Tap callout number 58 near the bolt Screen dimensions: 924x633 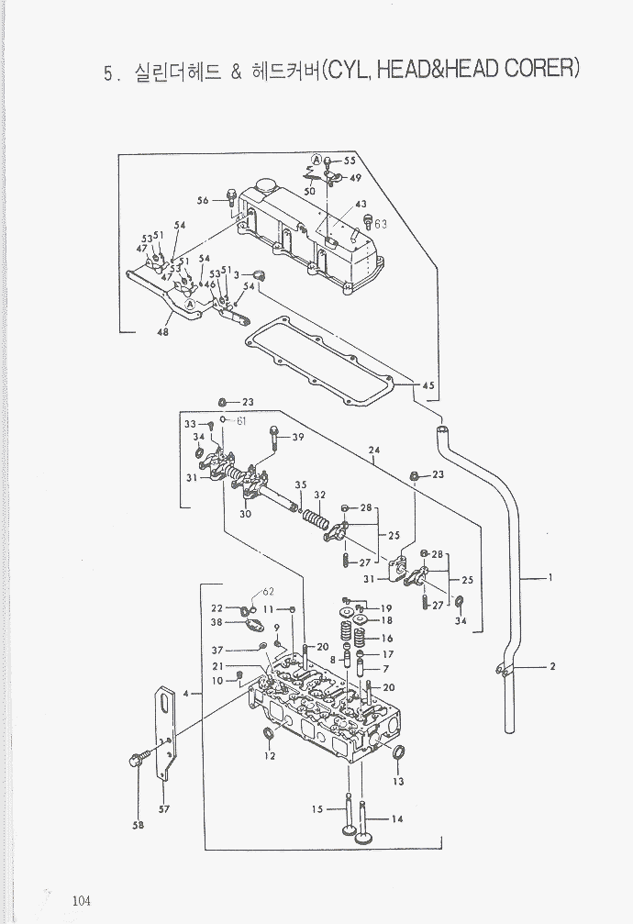[138, 825]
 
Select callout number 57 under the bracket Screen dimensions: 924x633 [165, 808]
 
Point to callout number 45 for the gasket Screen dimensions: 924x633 [428, 385]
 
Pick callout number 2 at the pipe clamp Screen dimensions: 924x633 [552, 667]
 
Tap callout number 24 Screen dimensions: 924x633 [373, 450]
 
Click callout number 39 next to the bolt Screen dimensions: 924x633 [297, 438]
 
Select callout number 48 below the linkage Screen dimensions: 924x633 [163, 332]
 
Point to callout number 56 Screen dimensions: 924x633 [203, 200]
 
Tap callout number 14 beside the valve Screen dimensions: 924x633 [397, 819]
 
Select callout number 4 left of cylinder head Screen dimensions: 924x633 [186, 694]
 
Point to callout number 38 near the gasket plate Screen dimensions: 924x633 [217, 622]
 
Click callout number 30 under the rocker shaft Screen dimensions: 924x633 [246, 514]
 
